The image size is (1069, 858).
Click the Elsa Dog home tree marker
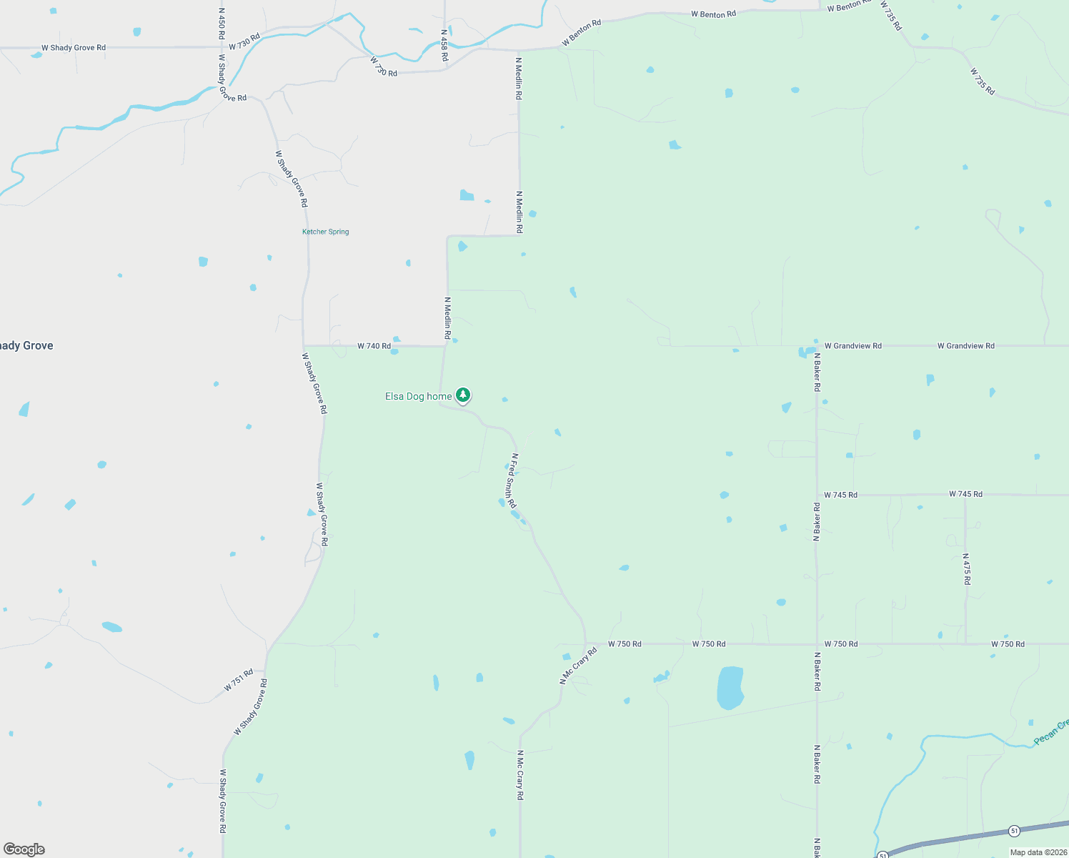pyautogui.click(x=463, y=395)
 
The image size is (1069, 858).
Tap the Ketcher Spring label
pyautogui.click(x=325, y=232)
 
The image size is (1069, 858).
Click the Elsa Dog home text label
pyautogui.click(x=418, y=396)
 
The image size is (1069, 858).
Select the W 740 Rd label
pyautogui.click(x=374, y=346)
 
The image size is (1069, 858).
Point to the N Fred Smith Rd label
pyautogui.click(x=511, y=480)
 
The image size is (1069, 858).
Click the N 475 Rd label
pyautogui.click(x=966, y=569)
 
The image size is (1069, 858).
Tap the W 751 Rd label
pyautogui.click(x=239, y=680)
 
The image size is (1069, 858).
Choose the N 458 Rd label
pyautogui.click(x=444, y=45)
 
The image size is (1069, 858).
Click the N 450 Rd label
pyautogui.click(x=222, y=24)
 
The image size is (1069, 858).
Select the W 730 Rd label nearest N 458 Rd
pyautogui.click(x=384, y=68)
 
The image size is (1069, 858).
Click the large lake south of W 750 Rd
pyautogui.click(x=730, y=687)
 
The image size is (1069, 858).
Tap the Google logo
pyautogui.click(x=24, y=849)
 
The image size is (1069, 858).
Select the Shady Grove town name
pyautogui.click(x=26, y=345)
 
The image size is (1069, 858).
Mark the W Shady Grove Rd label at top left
pyautogui.click(x=74, y=48)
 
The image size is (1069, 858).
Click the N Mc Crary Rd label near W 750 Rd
pyautogui.click(x=577, y=666)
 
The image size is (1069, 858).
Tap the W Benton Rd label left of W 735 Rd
pyautogui.click(x=850, y=6)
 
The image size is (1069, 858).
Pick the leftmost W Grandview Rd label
pyautogui.click(x=852, y=346)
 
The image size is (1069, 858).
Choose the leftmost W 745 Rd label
pyautogui.click(x=840, y=495)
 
